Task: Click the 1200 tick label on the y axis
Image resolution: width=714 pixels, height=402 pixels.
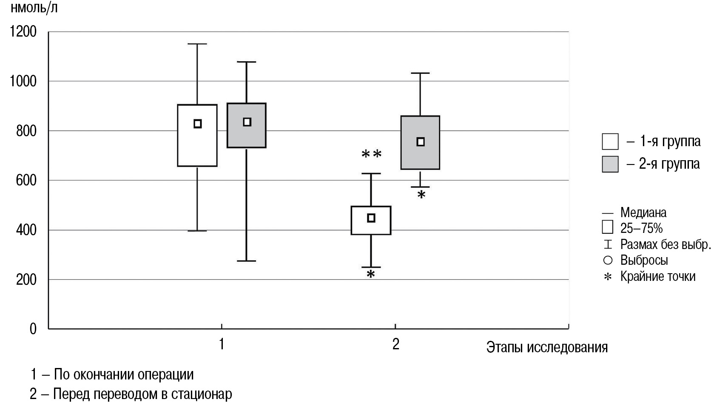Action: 23,32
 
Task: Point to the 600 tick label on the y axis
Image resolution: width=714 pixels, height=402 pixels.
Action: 26,181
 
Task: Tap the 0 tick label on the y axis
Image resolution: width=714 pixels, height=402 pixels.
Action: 33,329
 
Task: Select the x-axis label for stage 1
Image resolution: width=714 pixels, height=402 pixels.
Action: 221,344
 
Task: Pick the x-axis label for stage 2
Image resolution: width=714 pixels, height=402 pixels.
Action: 395,344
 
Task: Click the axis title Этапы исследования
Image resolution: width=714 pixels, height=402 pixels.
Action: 546,347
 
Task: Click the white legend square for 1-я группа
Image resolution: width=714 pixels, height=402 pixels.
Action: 610,142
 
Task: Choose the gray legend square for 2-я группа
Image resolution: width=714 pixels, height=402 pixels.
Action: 610,164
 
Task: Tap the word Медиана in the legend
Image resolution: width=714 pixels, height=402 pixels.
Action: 643,212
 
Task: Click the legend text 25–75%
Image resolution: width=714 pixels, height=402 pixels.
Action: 641,228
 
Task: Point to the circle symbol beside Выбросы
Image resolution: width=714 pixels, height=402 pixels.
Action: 608,260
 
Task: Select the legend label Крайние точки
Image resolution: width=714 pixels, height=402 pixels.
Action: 657,277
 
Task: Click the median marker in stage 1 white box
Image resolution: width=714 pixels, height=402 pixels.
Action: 197,124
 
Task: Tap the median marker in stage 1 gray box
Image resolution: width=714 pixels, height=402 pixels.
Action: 247,122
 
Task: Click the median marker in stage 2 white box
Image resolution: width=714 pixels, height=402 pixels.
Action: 371,218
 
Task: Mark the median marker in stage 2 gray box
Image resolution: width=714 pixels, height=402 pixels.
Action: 420,142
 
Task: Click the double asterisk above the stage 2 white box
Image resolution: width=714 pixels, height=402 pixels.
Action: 371,154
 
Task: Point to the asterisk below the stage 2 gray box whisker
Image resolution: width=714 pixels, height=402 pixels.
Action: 421,195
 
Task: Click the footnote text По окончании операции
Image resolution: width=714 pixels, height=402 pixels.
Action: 123,375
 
